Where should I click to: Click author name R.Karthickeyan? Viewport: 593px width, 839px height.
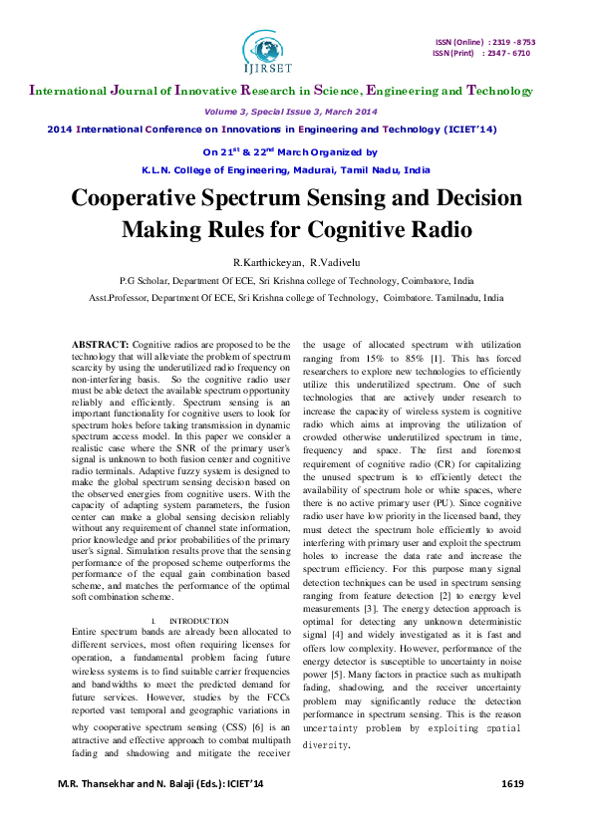pyautogui.click(x=266, y=262)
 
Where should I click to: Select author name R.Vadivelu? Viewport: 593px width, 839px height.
pyautogui.click(x=334, y=262)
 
